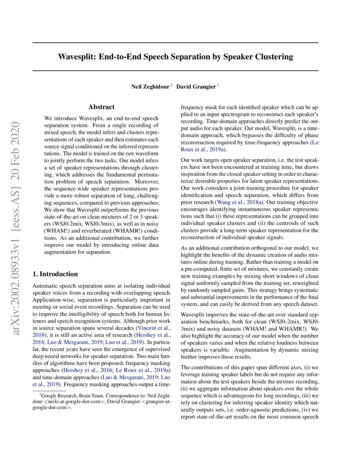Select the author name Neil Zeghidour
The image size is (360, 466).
151,87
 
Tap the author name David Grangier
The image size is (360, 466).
196,87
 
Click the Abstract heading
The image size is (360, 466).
101,107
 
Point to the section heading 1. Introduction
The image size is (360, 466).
55,274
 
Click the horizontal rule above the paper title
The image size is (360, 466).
175,42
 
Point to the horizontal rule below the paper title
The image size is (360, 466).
175,70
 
